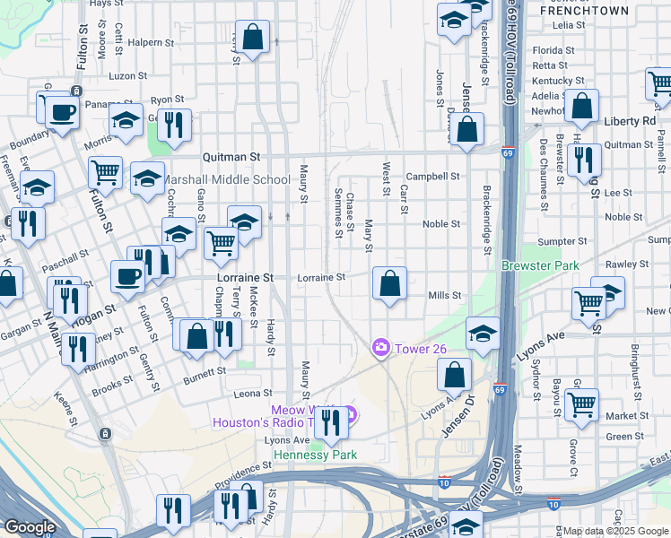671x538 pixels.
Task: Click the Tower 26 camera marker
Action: pos(381,347)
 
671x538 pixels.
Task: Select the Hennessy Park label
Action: pos(315,455)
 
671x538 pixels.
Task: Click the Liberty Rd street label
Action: pos(631,120)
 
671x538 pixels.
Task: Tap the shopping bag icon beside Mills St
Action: pos(389,285)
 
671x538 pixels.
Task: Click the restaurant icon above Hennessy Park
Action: pos(331,422)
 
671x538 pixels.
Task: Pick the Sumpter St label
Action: pos(562,241)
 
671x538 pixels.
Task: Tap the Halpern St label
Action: pos(150,42)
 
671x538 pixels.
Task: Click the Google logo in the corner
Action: pos(30,527)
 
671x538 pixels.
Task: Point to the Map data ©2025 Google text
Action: pos(615,531)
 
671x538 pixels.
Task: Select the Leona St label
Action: pos(252,394)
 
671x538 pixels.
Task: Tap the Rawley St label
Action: pos(628,265)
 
